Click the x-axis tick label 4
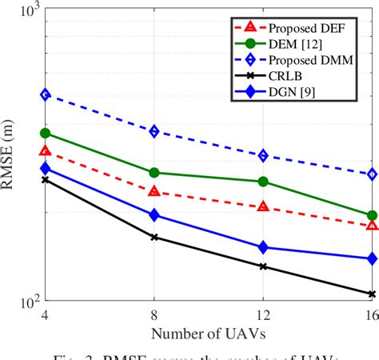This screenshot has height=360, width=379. point(46,314)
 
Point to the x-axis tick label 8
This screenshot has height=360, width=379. point(154,314)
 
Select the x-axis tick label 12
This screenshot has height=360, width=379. point(263,314)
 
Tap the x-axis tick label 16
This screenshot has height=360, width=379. point(369,314)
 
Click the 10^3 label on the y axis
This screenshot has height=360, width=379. point(24,11)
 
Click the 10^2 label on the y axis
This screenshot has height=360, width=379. point(24,302)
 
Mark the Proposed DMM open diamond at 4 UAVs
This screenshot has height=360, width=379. point(46,94)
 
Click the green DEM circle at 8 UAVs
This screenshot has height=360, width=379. point(154,172)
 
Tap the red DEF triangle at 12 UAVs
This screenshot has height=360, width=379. point(263,206)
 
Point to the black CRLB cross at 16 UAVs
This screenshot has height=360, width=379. point(372,294)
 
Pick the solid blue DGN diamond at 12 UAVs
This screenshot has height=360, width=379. point(263,248)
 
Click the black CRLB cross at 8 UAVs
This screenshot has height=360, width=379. point(154,237)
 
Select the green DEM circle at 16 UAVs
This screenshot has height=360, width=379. point(372,215)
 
